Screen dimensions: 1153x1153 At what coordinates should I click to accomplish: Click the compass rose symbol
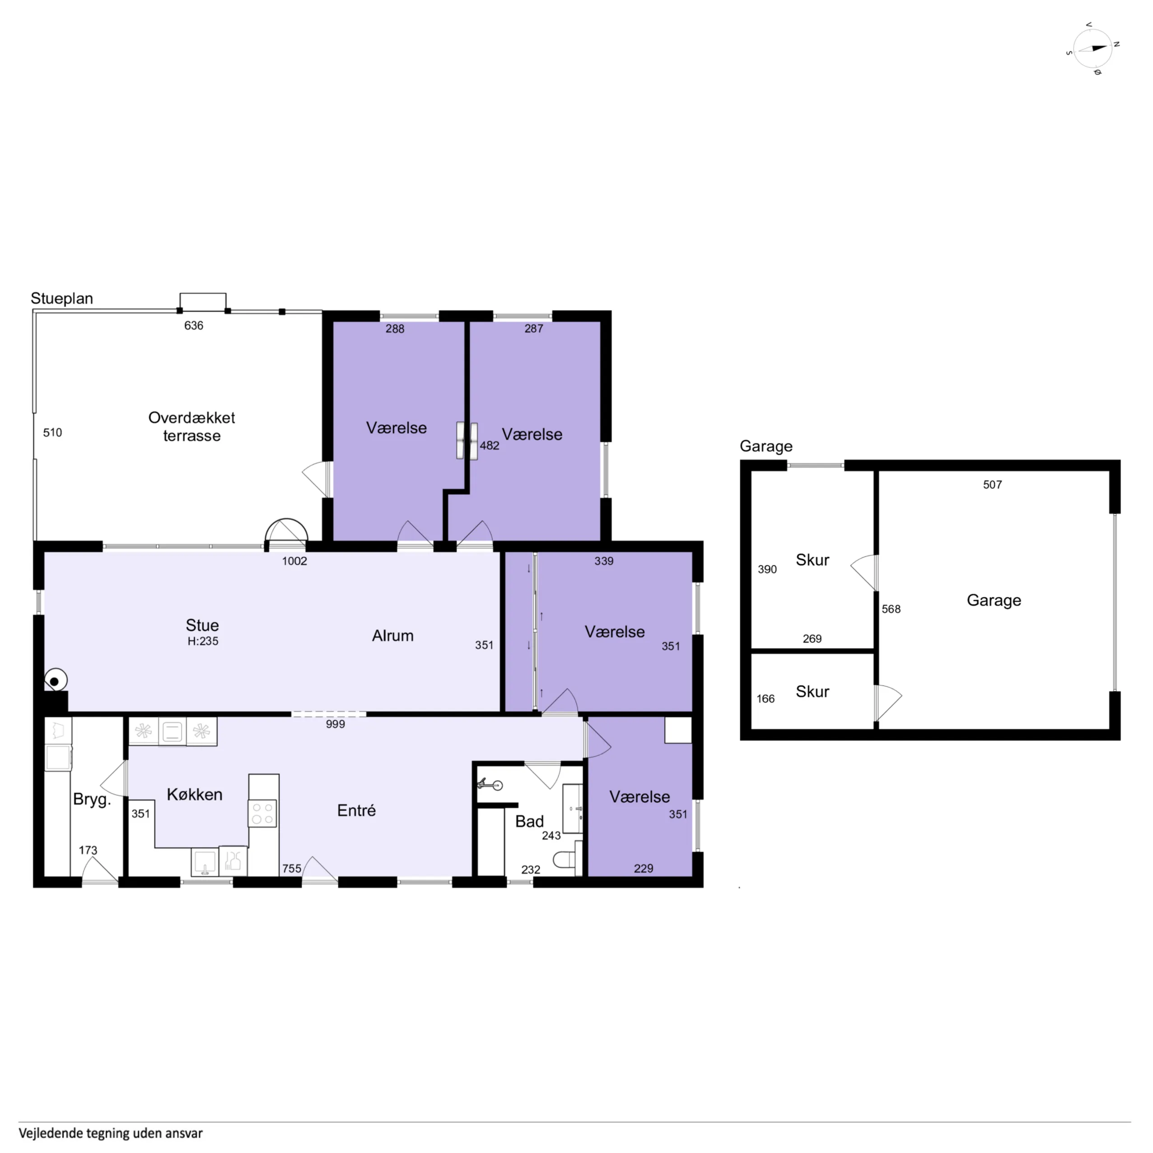[x=1092, y=48]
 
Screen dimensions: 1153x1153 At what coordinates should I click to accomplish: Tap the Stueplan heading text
[x=62, y=298]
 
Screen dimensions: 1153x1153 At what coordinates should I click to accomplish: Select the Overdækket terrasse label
[x=191, y=426]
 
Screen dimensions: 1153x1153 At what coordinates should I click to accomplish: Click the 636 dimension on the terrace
[x=193, y=325]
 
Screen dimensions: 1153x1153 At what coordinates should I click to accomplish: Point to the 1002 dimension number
[x=294, y=561]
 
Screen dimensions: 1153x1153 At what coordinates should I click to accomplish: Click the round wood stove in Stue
[x=55, y=680]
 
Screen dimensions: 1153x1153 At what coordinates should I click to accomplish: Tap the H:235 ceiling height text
[x=203, y=641]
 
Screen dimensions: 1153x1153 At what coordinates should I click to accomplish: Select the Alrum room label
[x=393, y=636]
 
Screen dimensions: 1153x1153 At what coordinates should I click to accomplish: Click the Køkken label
[x=195, y=795]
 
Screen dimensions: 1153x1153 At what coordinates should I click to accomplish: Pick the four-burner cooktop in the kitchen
[x=263, y=813]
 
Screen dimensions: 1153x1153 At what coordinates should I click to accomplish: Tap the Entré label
[x=356, y=810]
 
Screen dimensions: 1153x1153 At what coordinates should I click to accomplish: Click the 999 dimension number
[x=336, y=724]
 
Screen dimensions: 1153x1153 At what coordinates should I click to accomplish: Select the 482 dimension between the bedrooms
[x=490, y=445]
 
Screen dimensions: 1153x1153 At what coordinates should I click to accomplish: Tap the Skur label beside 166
[x=812, y=692]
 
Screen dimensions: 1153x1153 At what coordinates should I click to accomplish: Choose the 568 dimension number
[x=891, y=609]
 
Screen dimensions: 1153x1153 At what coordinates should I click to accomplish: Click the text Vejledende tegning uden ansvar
[x=111, y=1133]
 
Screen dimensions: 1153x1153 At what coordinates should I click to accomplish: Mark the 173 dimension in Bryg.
[x=88, y=851]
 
